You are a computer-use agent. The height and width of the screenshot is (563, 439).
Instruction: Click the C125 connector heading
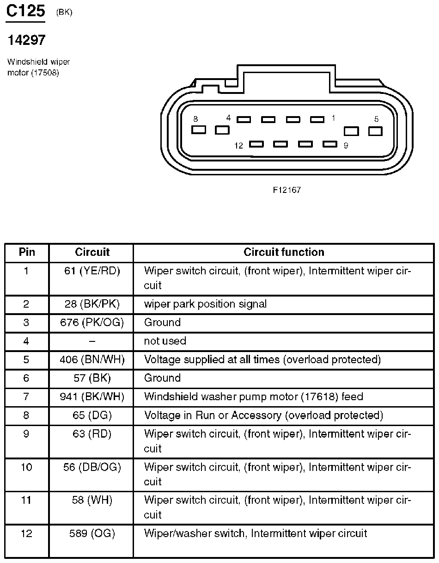click(25, 11)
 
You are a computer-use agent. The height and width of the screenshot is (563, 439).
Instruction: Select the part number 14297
click(26, 40)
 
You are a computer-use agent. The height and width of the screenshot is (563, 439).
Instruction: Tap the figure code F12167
click(287, 190)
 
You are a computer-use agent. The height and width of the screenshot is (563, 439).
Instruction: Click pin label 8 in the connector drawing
click(195, 118)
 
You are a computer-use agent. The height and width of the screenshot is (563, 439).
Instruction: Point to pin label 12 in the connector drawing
click(238, 146)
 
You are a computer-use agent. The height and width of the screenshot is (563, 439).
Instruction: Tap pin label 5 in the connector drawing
click(376, 119)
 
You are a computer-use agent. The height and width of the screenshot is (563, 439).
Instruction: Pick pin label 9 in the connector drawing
click(346, 145)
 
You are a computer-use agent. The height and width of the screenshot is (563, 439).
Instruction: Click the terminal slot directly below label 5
click(375, 131)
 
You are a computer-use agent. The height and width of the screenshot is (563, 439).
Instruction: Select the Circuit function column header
click(284, 252)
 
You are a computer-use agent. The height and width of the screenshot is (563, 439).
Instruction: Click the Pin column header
click(27, 252)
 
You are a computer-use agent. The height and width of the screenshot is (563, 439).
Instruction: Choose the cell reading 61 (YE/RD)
click(92, 271)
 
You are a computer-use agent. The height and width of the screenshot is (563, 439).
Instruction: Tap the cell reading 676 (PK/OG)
click(92, 322)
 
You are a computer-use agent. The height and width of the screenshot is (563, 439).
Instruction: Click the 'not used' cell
click(165, 341)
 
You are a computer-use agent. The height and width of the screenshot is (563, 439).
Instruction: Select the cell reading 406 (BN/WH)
click(92, 359)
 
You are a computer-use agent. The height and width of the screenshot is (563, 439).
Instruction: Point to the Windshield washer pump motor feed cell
click(253, 396)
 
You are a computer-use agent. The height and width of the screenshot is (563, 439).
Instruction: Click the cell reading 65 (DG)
click(92, 415)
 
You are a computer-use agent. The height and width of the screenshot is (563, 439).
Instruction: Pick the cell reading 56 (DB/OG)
click(92, 467)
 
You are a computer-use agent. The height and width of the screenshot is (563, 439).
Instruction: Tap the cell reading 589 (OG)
click(92, 533)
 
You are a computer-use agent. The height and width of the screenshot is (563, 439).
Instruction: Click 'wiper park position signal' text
click(205, 304)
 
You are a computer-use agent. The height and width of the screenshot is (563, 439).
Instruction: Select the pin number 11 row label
click(26, 500)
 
